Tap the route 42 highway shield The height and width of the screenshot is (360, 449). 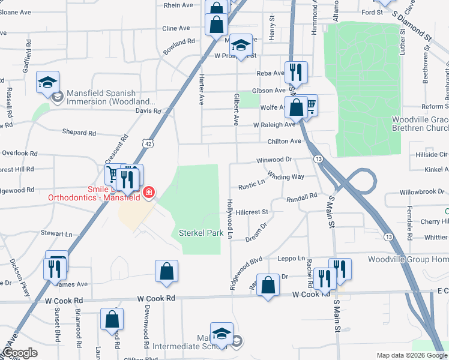147,143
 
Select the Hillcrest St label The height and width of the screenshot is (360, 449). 252,212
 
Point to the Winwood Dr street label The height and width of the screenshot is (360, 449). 273,160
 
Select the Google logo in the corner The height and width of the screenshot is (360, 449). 20,353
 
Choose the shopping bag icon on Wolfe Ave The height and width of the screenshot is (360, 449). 296,109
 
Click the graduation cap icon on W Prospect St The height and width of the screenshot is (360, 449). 240,46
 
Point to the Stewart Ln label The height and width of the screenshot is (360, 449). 56,233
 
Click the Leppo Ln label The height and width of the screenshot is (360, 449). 292,259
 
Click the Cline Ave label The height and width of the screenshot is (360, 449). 176,28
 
